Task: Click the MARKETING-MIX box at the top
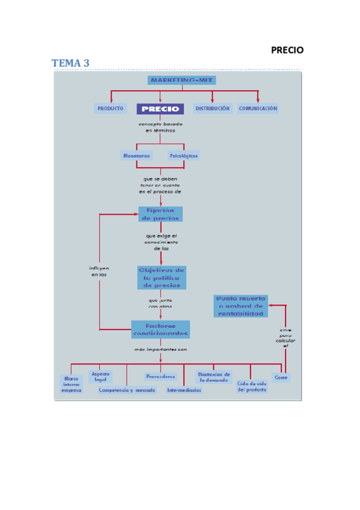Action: tap(181, 79)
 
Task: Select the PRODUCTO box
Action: tap(110, 109)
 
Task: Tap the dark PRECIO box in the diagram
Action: tap(160, 109)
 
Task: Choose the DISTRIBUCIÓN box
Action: tap(212, 109)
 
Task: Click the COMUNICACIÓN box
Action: tap(258, 109)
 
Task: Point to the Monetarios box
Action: tap(136, 155)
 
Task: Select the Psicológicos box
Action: tap(184, 155)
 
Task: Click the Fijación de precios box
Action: tap(160, 214)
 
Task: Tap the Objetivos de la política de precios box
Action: tap(161, 277)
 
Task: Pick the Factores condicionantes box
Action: tap(160, 329)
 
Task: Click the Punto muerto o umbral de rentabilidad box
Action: tap(240, 306)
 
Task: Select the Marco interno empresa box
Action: tap(71, 384)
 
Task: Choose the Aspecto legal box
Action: tap(100, 376)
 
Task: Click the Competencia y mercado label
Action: tap(127, 390)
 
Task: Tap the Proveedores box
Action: tap(160, 376)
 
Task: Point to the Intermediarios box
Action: tap(185, 390)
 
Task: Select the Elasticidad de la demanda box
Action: tap(214, 377)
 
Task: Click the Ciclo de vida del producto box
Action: tap(252, 386)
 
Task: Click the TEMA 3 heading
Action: tap(70, 63)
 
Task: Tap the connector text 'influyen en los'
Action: tap(99, 271)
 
